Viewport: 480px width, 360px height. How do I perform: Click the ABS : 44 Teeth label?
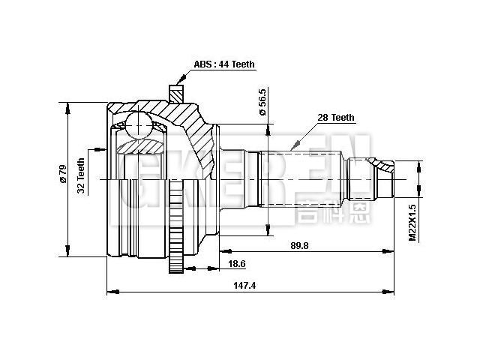[224, 64]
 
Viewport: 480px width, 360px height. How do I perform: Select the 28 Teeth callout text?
[336, 118]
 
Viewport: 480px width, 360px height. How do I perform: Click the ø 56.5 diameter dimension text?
[262, 102]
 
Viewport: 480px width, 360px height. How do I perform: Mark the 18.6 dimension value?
[237, 264]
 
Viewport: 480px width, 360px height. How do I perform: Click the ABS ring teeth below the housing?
[177, 225]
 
